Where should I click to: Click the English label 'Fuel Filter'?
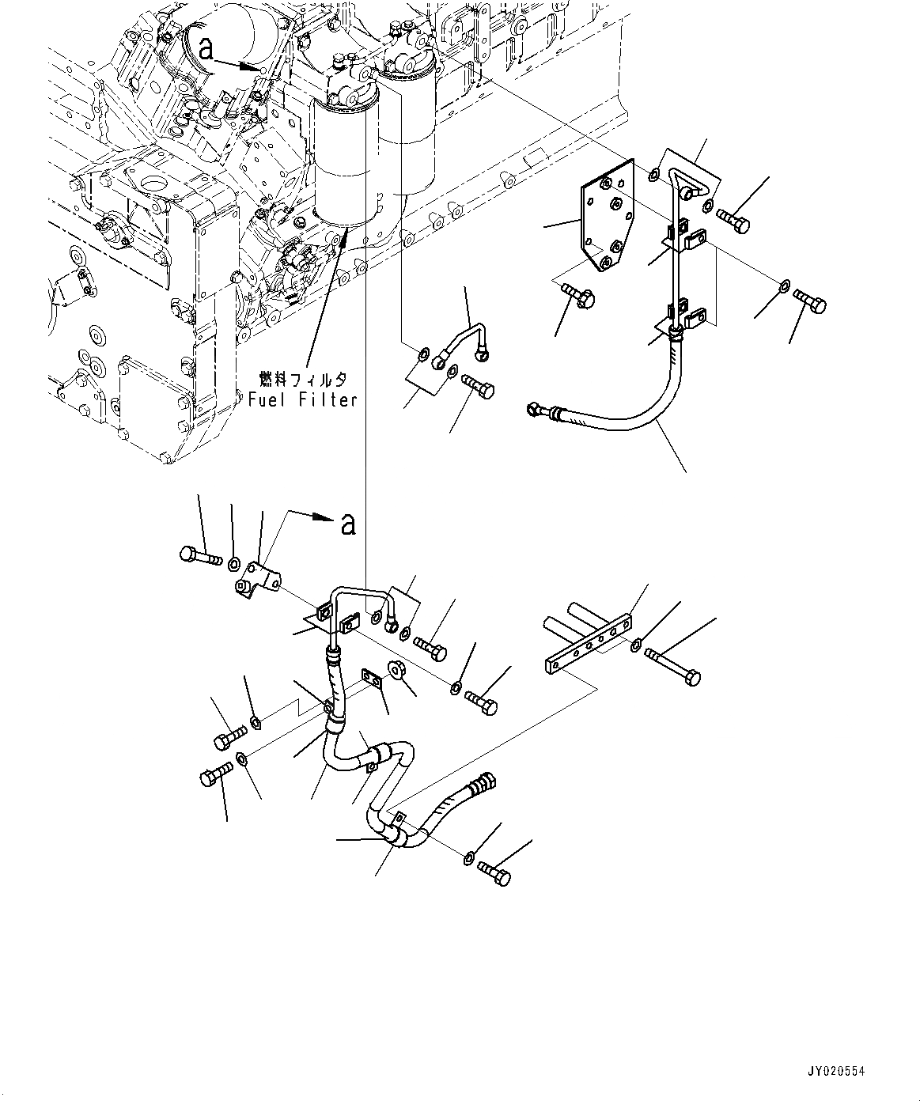303,400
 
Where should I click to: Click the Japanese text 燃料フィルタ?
303,379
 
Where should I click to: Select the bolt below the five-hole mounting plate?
580,296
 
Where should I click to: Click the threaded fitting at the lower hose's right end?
483,784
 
